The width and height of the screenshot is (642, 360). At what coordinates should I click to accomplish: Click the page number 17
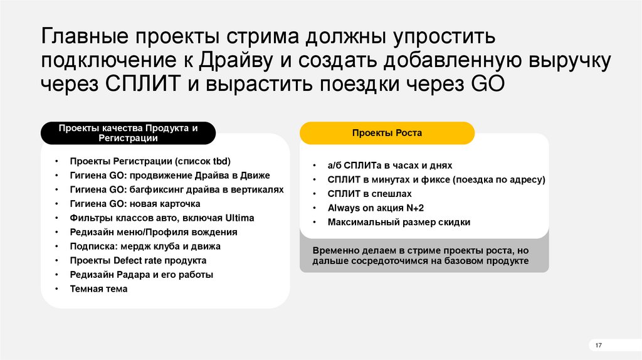[598, 346]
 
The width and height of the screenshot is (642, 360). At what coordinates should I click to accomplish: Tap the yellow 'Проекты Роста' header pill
[387, 133]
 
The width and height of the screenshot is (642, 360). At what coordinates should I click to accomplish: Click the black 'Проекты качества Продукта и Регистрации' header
[128, 133]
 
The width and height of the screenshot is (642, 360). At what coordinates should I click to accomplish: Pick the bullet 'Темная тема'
[98, 289]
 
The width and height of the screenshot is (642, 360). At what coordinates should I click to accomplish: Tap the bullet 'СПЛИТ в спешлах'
[369, 194]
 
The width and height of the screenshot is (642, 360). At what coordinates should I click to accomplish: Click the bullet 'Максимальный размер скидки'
[399, 222]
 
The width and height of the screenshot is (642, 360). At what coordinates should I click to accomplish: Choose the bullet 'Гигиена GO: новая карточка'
[135, 204]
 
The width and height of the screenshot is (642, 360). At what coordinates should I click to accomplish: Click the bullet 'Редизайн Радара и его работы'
[142, 275]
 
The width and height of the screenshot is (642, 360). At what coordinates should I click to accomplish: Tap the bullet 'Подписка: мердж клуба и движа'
[145, 246]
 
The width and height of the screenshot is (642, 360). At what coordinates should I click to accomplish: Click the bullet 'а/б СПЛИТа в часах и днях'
[389, 166]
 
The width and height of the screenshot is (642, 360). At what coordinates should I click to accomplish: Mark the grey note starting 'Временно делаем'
[424, 255]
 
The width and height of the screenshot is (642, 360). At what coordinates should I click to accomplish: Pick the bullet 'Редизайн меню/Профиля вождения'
[154, 232]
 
